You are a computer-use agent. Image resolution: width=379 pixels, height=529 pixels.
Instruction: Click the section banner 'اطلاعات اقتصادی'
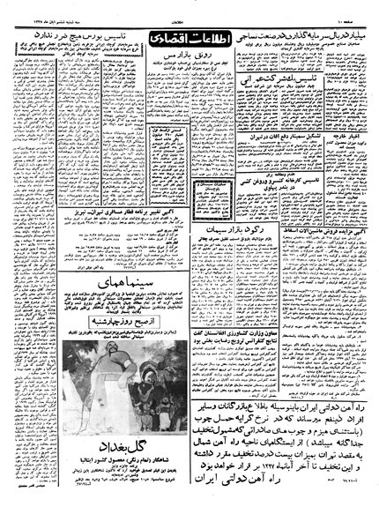click(180, 40)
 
